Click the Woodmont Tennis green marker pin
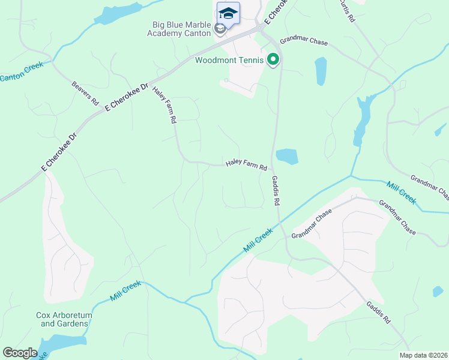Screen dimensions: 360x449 (273, 59)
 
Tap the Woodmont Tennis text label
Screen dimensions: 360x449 (229, 59)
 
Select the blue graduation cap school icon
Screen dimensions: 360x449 (228, 13)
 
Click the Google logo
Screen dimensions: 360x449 (20, 353)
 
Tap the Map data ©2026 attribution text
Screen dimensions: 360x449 (423, 355)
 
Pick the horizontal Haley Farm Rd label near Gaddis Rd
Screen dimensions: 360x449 (246, 164)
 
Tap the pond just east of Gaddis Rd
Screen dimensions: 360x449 (287, 157)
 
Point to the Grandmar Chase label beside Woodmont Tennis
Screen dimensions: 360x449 (304, 41)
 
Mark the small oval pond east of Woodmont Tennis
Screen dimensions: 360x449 (321, 71)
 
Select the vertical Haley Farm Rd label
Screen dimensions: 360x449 (164, 105)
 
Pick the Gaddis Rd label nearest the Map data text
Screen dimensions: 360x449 (379, 313)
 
